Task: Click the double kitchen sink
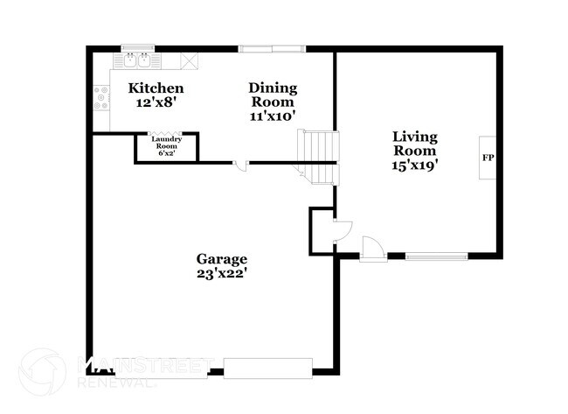tap(137, 60)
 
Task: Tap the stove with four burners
tap(100, 98)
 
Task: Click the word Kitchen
tap(156, 88)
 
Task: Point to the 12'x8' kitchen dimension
tap(156, 102)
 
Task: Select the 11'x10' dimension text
tap(273, 115)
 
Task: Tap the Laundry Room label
tap(166, 142)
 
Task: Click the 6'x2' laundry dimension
tap(166, 153)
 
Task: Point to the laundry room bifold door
tap(166, 134)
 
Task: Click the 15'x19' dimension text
tap(414, 163)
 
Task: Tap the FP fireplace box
tap(487, 158)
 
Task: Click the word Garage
tap(221, 259)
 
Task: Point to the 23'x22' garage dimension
tap(221, 273)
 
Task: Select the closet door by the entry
tap(342, 230)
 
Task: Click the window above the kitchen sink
tap(137, 47)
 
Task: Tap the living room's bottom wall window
tap(436, 256)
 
